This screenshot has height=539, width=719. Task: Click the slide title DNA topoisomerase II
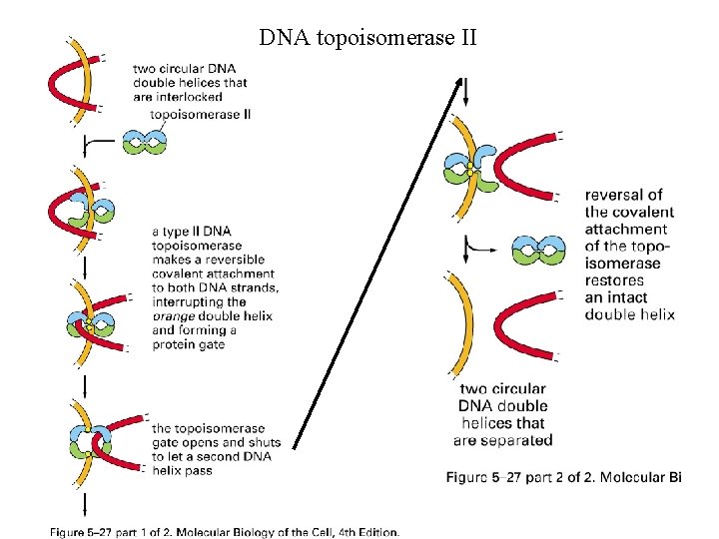coord(368,39)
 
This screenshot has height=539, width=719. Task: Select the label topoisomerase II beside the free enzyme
coord(200,114)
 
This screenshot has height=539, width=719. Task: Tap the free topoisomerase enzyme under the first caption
coord(144,142)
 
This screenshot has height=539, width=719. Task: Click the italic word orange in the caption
coord(176,316)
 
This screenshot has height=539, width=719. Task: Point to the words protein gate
coord(189,344)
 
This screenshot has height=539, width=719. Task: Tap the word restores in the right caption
coord(615,280)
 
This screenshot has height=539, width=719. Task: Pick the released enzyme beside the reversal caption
coord(538,250)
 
